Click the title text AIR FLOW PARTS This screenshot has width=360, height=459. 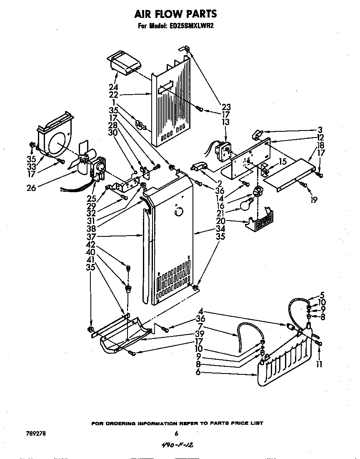175,14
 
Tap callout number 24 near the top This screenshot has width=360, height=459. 113,87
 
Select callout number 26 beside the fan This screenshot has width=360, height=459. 31,188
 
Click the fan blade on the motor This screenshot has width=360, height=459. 82,158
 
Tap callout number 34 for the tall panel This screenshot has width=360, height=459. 220,228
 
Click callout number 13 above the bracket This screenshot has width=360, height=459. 226,122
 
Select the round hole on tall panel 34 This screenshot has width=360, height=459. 178,212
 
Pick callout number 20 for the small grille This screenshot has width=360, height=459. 220,221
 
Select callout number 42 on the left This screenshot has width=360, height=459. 90,244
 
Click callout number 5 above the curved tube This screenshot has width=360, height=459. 321,295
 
